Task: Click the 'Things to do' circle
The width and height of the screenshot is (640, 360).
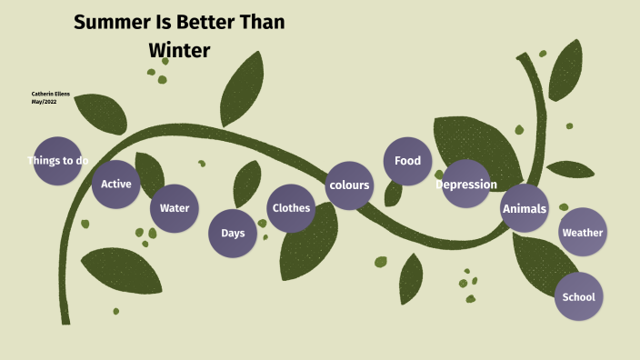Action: (57, 161)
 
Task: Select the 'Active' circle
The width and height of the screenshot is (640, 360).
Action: (116, 184)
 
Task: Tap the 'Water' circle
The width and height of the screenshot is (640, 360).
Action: (175, 208)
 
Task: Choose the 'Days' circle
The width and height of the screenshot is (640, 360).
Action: (233, 233)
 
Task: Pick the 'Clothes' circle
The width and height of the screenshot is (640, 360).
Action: (291, 208)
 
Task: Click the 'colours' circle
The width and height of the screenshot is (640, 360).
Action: (349, 185)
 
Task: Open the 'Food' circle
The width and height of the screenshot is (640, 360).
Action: (407, 161)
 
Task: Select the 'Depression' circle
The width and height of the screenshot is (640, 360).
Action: (466, 185)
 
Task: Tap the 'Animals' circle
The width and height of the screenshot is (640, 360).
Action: (525, 208)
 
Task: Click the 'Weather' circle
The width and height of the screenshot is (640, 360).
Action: (583, 233)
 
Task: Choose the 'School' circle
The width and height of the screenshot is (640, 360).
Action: (579, 296)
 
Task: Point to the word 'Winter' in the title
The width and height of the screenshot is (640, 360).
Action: (179, 51)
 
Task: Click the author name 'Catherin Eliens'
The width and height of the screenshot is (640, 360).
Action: (51, 94)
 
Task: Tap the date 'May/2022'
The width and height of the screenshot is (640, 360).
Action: (44, 101)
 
